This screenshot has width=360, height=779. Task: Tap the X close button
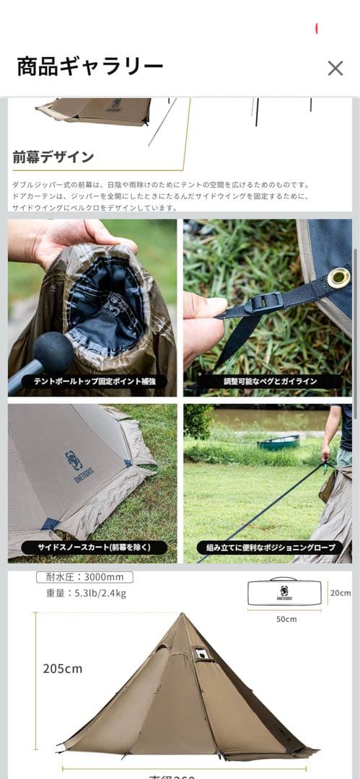pyautogui.click(x=335, y=68)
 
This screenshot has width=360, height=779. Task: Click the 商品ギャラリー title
pyautogui.click(x=90, y=67)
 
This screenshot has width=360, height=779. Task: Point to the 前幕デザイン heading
pyautogui.click(x=53, y=157)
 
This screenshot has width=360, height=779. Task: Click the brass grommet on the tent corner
pyautogui.click(x=338, y=277)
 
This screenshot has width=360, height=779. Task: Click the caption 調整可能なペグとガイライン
pyautogui.click(x=267, y=381)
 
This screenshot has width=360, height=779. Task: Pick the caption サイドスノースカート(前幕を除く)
pyautogui.click(x=94, y=547)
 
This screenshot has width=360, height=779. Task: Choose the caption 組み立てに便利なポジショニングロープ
pyautogui.click(x=268, y=547)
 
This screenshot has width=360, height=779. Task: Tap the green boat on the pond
pyautogui.click(x=278, y=441)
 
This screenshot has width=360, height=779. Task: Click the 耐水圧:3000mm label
pyautogui.click(x=84, y=577)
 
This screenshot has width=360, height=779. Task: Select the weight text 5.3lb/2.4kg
pyautogui.click(x=85, y=594)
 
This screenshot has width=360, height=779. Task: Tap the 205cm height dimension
pyautogui.click(x=63, y=668)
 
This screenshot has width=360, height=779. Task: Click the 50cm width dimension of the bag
pyautogui.click(x=286, y=619)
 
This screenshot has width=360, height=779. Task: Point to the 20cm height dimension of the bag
pyautogui.click(x=341, y=593)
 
